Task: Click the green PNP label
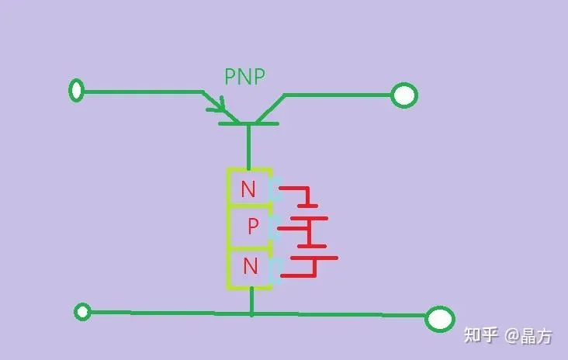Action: [245, 76]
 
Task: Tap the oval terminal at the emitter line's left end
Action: [77, 90]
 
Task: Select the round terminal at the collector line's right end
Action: [404, 95]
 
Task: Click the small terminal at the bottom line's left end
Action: [82, 311]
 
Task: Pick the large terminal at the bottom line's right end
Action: [440, 319]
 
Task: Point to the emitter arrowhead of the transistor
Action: [218, 105]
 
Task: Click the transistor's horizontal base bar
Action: [248, 124]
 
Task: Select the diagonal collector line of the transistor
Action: [270, 109]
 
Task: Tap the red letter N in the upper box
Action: [248, 189]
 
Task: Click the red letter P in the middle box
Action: [253, 226]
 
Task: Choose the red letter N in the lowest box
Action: [251, 265]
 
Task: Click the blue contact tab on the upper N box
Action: [275, 189]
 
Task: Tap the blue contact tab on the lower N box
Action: [276, 270]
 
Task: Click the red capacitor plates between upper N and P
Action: [309, 213]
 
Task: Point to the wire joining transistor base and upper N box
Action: [248, 147]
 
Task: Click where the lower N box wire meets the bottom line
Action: [251, 313]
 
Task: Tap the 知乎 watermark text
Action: [480, 335]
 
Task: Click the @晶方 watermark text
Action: [528, 336]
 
